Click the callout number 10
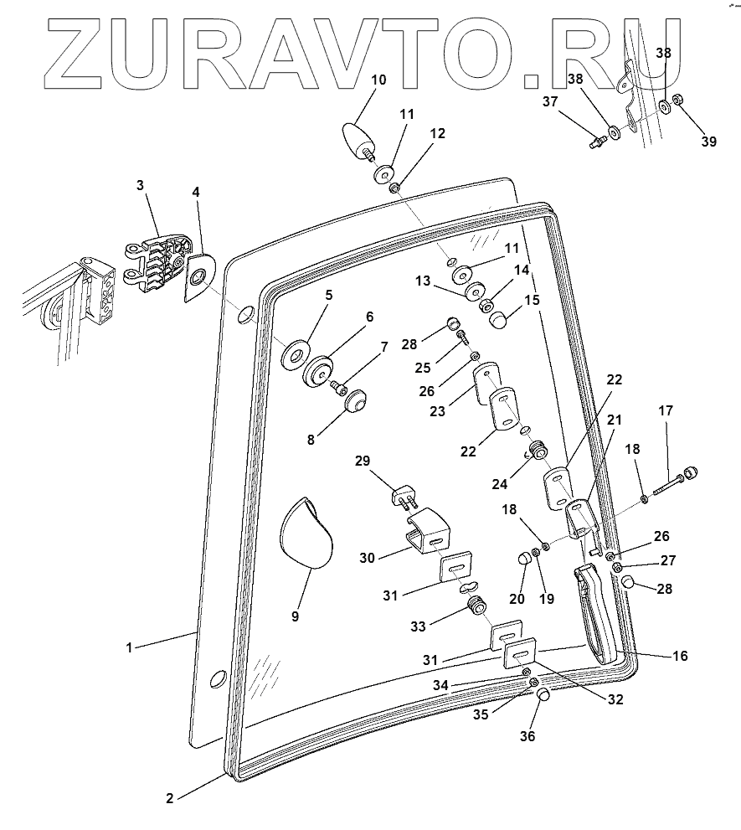pos(378,80)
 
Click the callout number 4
pos(195,192)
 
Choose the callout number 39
pos(708,142)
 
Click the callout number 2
pos(169,798)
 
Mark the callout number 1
pos(130,647)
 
